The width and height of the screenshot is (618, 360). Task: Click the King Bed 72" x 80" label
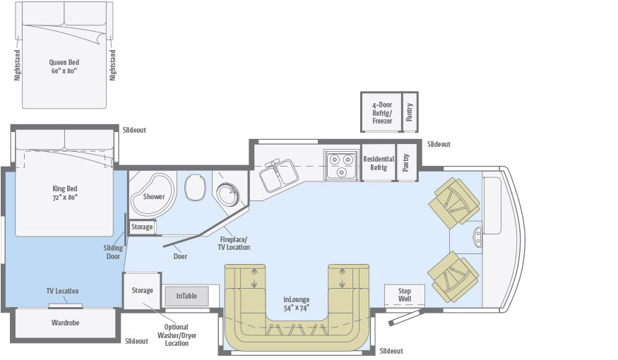coord(64,193)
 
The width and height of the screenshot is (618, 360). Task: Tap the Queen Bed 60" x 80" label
coord(64,66)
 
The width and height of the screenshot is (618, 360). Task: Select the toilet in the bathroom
coord(195,188)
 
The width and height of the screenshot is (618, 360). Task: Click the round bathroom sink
coord(227,192)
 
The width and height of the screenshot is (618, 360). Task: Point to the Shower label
coord(153,196)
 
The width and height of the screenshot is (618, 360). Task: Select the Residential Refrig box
coord(378,163)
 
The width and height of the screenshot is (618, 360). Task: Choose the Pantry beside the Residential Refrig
coord(406,163)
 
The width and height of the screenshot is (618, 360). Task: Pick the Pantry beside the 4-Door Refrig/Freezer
coord(408,112)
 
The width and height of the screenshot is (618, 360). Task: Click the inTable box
coord(186,296)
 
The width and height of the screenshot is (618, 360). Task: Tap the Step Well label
coord(404,294)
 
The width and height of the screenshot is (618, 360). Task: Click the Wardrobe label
coord(64,323)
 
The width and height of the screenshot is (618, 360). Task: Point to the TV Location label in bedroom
coord(64,291)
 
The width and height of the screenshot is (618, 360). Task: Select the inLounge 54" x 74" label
coord(297,304)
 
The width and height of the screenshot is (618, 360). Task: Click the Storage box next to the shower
coord(142,227)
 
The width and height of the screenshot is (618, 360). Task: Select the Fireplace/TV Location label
coord(234,244)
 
